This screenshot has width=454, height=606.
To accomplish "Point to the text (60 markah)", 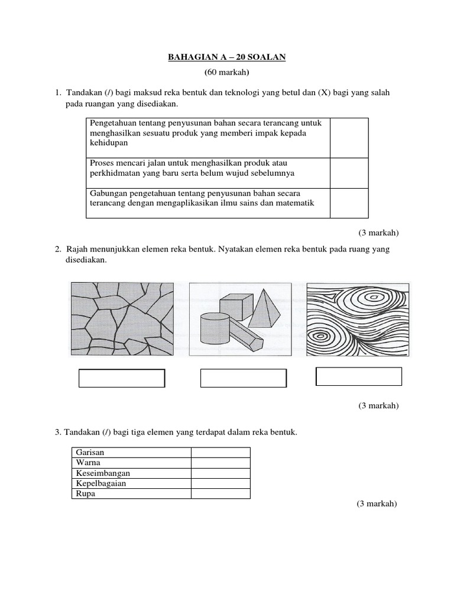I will coord(227,72).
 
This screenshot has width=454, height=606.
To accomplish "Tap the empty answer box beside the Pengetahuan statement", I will coord(349,137).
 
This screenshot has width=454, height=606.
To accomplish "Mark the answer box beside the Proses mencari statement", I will coord(349,172).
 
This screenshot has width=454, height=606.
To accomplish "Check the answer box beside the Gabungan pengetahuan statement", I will coord(349,202).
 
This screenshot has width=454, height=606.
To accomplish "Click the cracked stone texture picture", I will coord(122,318).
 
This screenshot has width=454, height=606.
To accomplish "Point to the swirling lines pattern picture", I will coord(358,318).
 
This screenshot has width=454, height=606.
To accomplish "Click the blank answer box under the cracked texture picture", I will coord(122,378).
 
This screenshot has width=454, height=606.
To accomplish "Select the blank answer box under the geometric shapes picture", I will coord(244,378).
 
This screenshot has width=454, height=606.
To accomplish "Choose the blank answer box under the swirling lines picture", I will coord(359,376).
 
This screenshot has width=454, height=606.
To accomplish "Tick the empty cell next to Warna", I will coord(220,463).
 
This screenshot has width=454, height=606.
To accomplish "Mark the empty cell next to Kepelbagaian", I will coord(220,483).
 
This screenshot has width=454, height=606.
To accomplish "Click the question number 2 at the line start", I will coord(58,250).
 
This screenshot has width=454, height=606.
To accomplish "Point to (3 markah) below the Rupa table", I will coord(377,504).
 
